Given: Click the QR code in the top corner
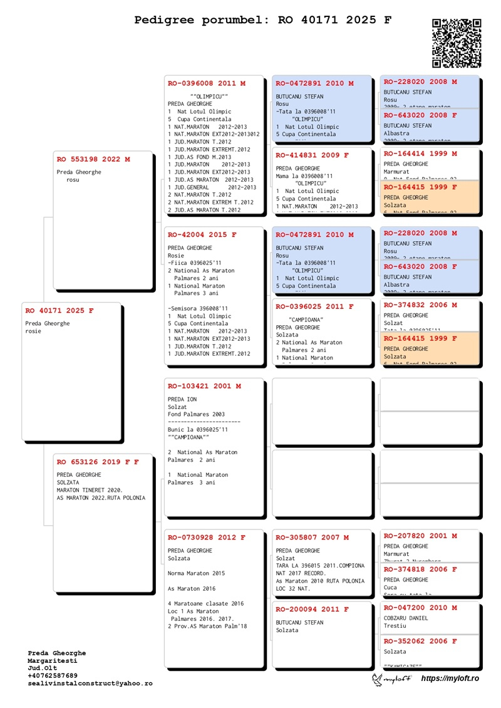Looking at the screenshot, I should pyautogui.click(x=457, y=43).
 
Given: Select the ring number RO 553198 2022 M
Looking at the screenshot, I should pyautogui.click(x=93, y=160).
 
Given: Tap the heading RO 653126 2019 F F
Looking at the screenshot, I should pyautogui.click(x=98, y=462).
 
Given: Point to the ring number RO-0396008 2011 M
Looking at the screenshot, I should pyautogui.click(x=207, y=83).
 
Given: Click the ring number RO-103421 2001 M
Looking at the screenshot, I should pyautogui.click(x=204, y=387).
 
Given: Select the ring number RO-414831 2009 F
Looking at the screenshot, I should pyautogui.click(x=312, y=155).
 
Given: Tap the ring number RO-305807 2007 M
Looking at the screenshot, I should pyautogui.click(x=312, y=538).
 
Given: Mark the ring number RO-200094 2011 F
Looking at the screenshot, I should pyautogui.click(x=312, y=609).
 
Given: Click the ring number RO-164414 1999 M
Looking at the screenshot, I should pyautogui.click(x=420, y=154).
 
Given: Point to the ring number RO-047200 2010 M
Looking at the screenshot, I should pyautogui.click(x=420, y=608).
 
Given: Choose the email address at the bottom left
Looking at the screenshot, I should pyautogui.click(x=90, y=684).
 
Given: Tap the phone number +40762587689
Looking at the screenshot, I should pyautogui.click(x=53, y=676).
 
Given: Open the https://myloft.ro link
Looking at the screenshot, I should pyautogui.click(x=450, y=679).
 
